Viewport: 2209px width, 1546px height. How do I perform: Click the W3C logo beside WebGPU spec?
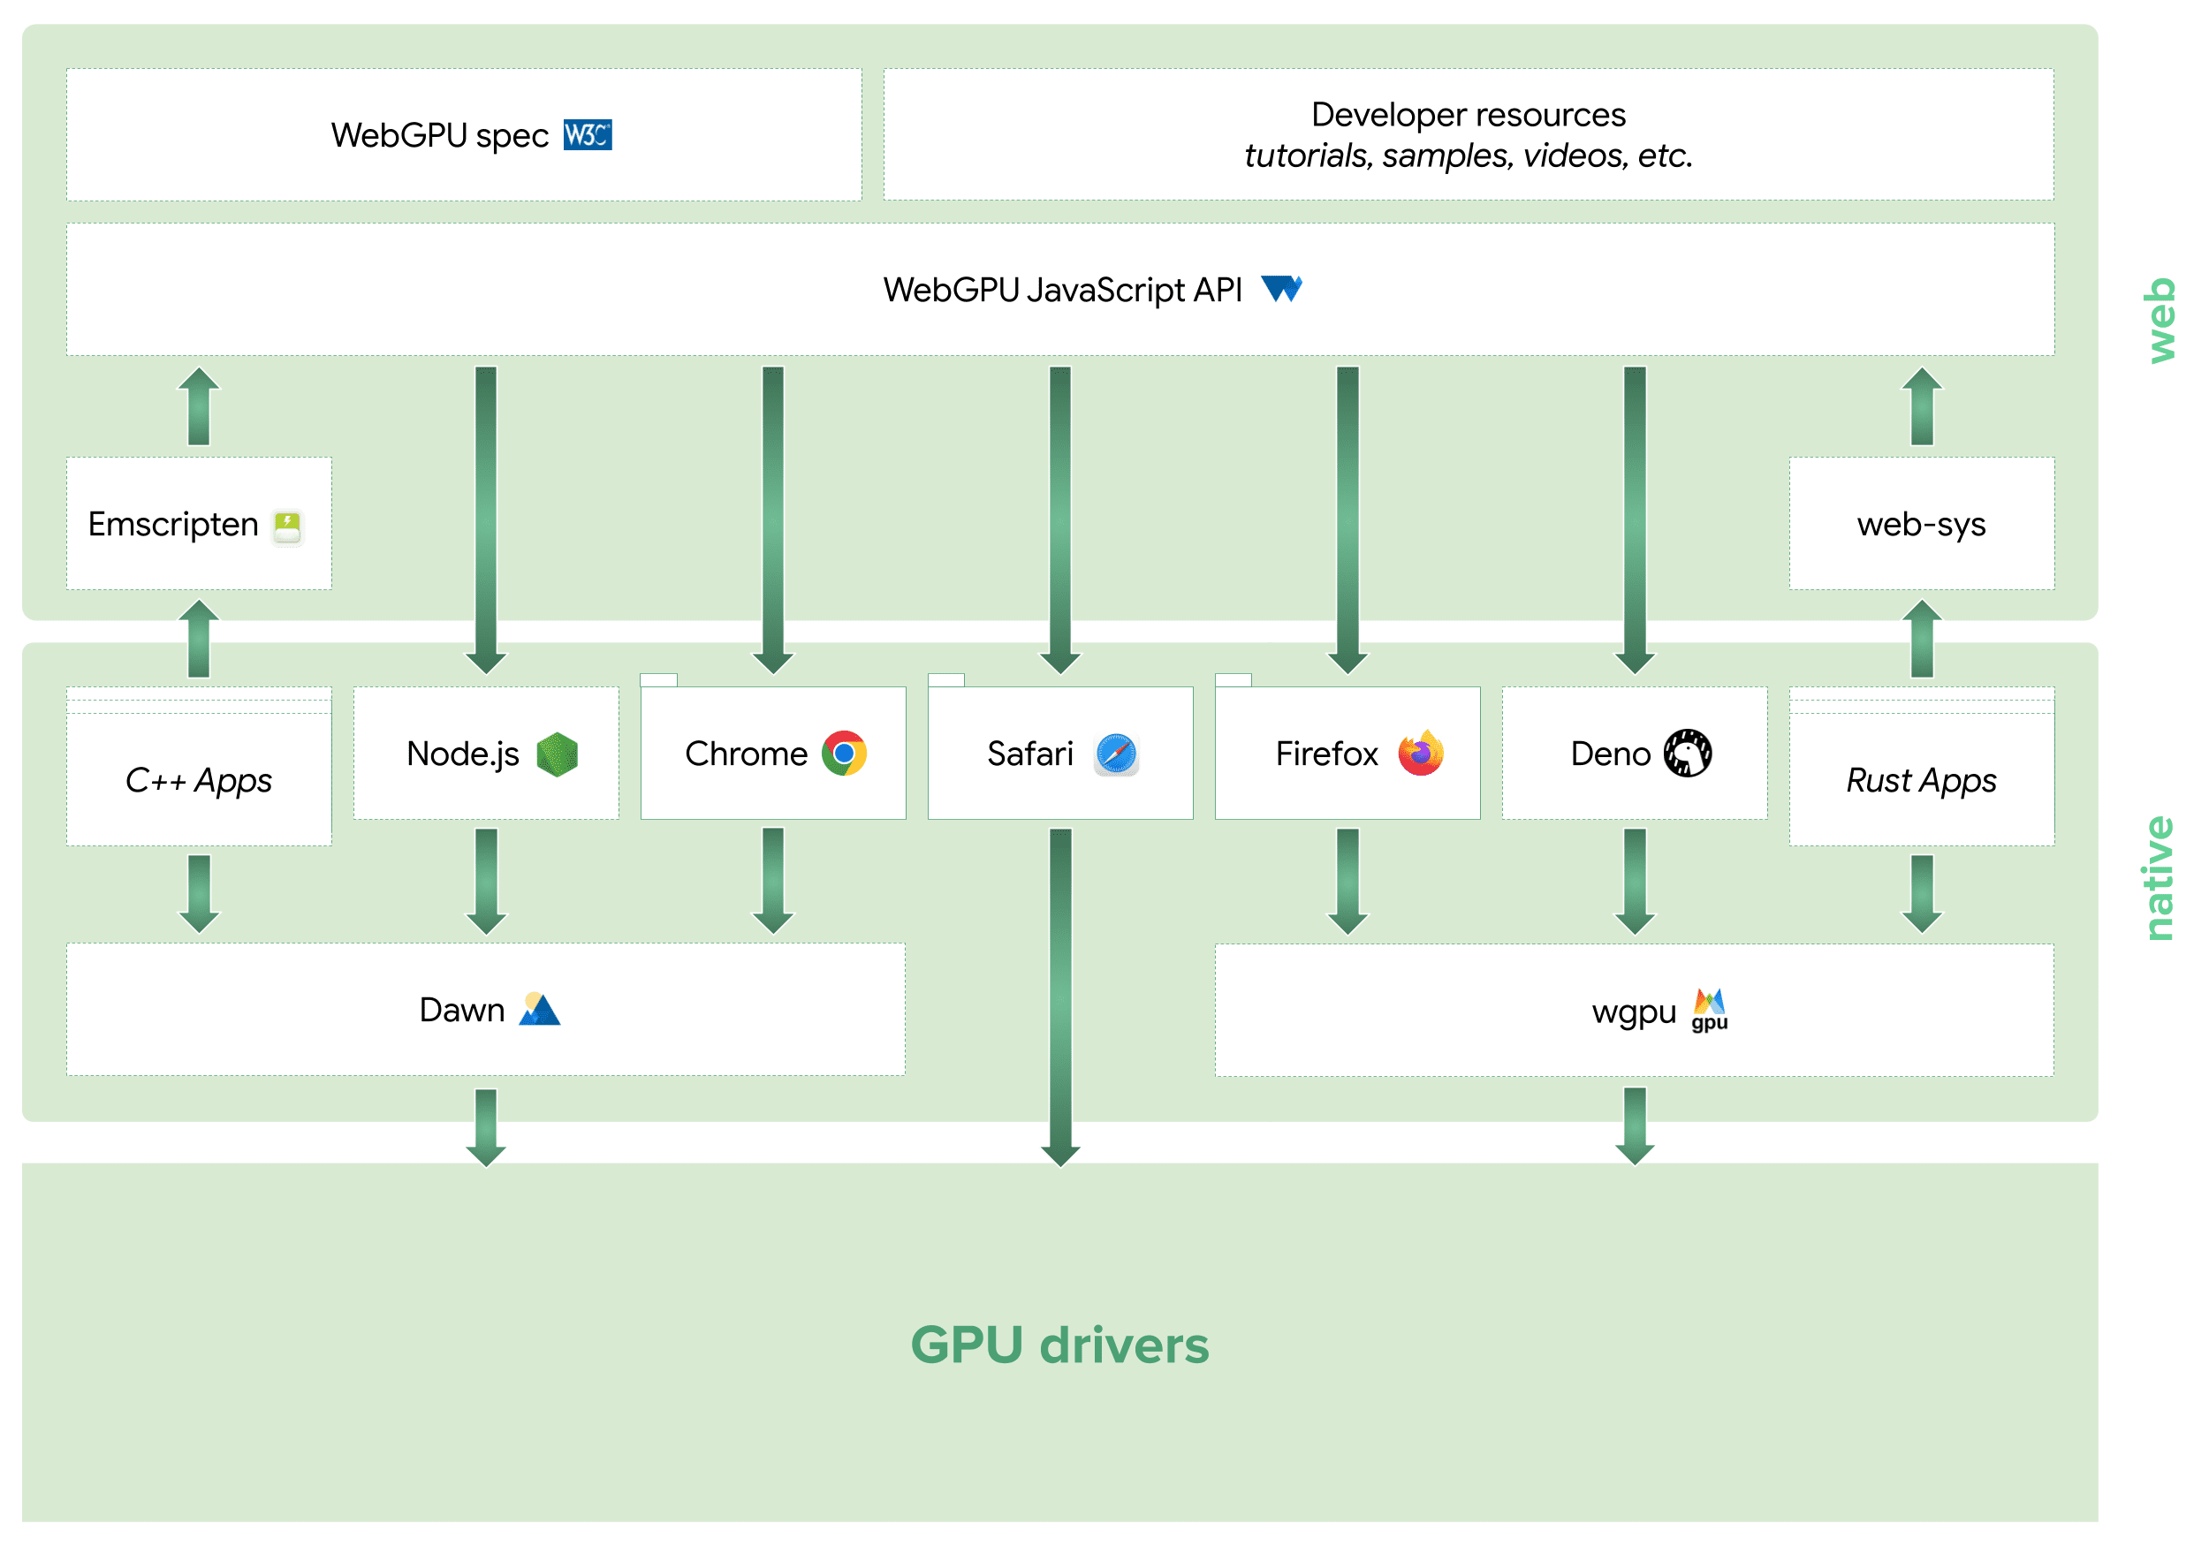587,136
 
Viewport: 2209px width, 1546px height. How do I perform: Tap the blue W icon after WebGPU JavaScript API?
1281,289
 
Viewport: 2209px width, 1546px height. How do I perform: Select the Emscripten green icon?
286,527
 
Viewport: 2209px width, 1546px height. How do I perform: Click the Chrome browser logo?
844,754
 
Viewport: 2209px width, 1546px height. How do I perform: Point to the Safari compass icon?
1116,754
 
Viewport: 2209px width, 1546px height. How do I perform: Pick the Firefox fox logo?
1420,754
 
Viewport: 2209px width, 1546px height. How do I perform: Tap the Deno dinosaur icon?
1687,754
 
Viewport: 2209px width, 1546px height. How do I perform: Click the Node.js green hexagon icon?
557,754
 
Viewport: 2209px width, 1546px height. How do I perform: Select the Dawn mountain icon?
539,1009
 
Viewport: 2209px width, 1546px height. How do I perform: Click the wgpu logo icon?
1709,1009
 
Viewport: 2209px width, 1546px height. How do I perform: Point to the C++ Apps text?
198,780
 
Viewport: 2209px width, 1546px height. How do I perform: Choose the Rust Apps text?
1920,780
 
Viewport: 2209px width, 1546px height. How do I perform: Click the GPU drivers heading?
1059,1345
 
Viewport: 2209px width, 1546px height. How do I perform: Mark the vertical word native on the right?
2158,877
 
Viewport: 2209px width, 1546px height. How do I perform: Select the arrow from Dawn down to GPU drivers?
486,1126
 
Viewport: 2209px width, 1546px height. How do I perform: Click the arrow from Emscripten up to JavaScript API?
199,407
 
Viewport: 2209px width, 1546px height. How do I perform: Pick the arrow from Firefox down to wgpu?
1347,880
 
